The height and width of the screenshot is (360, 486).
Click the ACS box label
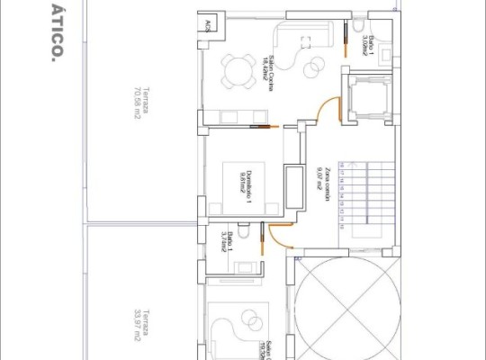tap(209, 24)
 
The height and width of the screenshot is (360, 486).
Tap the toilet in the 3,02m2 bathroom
tap(358, 24)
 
